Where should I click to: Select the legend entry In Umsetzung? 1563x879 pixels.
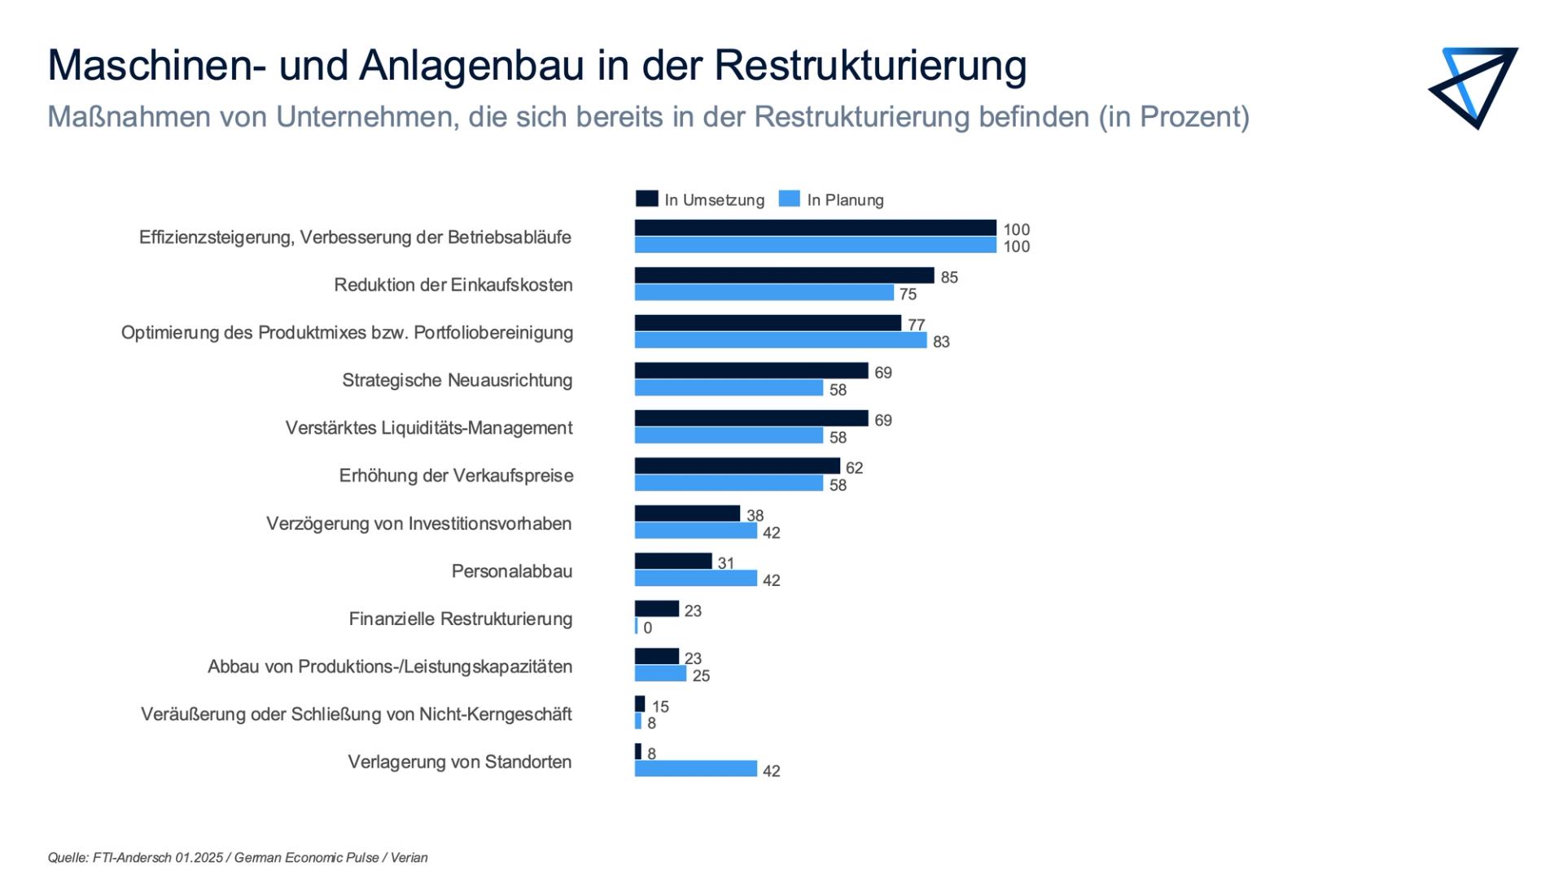pos(700,199)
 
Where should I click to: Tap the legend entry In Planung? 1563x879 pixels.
pos(831,199)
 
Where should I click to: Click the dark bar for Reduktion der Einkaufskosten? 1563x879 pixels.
pos(784,276)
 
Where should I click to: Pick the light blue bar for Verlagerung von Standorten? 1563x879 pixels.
pos(696,769)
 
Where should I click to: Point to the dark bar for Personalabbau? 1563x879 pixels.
pos(673,562)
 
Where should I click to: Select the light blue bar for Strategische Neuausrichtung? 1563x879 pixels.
pos(729,388)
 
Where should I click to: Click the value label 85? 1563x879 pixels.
pos(949,278)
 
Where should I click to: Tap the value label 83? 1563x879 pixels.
pos(941,342)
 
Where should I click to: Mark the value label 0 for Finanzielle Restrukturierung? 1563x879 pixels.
pos(647,628)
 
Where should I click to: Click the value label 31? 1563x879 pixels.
pos(726,563)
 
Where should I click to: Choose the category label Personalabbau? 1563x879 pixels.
pos(512,571)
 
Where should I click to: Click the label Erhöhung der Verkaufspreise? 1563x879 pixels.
pos(456,476)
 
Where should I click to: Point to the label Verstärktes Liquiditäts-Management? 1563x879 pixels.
pos(429,428)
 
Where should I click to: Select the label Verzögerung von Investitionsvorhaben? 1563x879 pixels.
pos(419,523)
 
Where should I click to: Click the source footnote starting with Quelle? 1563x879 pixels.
pos(238,858)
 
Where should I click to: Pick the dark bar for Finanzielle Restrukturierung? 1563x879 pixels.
pos(656,609)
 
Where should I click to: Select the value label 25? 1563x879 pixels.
pos(701,676)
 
